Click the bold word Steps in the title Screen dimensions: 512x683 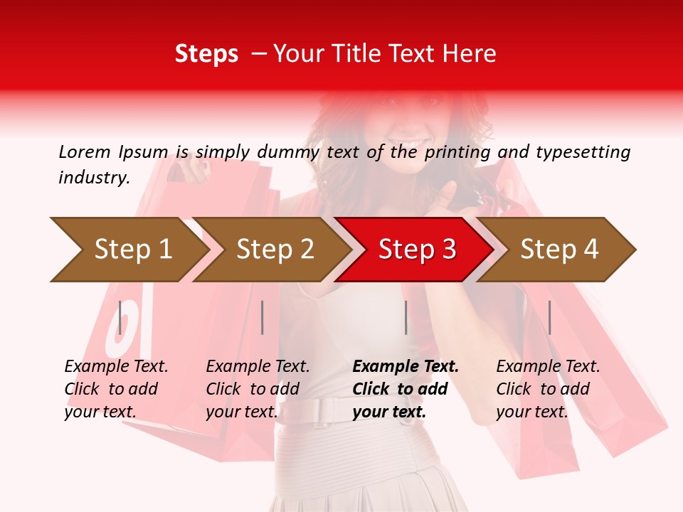pos(206,54)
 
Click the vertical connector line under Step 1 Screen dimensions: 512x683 pos(120,317)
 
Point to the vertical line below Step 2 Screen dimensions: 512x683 pos(263,317)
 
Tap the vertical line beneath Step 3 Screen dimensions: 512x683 pos(406,317)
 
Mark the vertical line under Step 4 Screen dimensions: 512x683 pos(549,317)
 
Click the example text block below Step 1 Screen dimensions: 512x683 pos(116,389)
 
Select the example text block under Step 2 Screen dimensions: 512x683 pos(258,389)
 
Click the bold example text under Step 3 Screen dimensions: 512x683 pos(406,389)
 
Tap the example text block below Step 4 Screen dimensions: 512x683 pos(548,389)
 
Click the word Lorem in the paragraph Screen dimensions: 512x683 pos(85,152)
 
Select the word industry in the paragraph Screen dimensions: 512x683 pos(93,178)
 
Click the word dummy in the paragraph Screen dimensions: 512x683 pos(288,152)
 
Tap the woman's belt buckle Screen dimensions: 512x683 pos(324,411)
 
